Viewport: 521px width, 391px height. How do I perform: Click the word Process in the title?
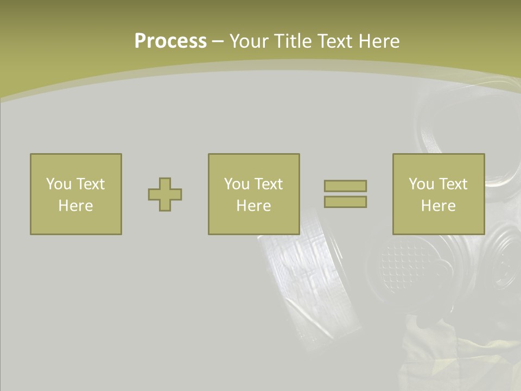[170, 41]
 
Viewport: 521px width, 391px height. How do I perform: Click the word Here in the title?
[379, 41]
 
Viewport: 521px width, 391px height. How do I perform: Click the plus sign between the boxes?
[165, 194]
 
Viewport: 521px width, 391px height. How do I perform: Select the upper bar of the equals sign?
[345, 186]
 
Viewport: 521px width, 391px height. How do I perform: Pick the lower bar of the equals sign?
[345, 202]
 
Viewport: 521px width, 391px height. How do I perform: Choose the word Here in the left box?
[75, 206]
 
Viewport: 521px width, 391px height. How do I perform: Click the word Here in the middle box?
[253, 206]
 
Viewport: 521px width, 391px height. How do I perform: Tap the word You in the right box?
[421, 184]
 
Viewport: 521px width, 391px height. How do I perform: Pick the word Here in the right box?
[438, 206]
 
